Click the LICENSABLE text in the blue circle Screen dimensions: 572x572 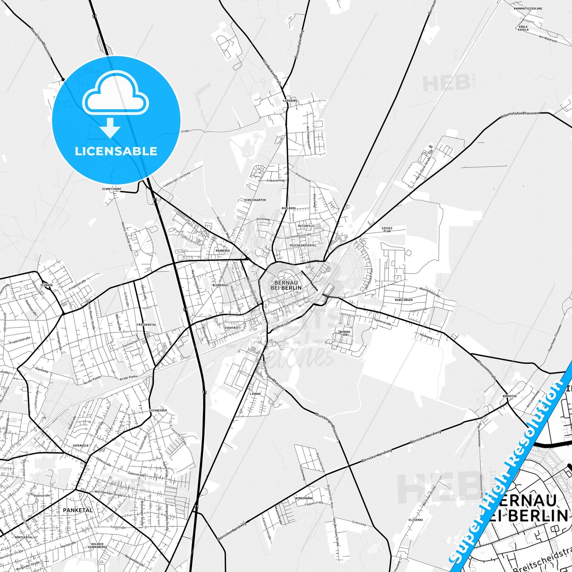(x=116, y=151)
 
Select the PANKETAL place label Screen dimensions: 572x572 (x=78, y=510)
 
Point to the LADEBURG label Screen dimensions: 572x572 (x=290, y=101)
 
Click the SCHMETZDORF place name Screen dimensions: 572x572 (x=112, y=189)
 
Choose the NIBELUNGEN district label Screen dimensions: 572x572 (x=403, y=300)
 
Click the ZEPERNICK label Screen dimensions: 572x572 (x=80, y=445)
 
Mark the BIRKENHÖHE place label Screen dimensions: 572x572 (x=304, y=498)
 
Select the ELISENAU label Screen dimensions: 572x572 (x=416, y=520)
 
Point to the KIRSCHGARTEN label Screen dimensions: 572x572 (x=255, y=200)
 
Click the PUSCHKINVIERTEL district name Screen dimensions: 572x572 (x=303, y=245)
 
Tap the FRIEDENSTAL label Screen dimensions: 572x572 (x=146, y=325)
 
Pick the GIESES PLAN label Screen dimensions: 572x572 (x=387, y=230)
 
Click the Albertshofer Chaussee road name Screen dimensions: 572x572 (x=520, y=115)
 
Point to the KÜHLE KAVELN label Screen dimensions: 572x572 (x=523, y=28)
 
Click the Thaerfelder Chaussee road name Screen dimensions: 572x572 (x=554, y=341)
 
